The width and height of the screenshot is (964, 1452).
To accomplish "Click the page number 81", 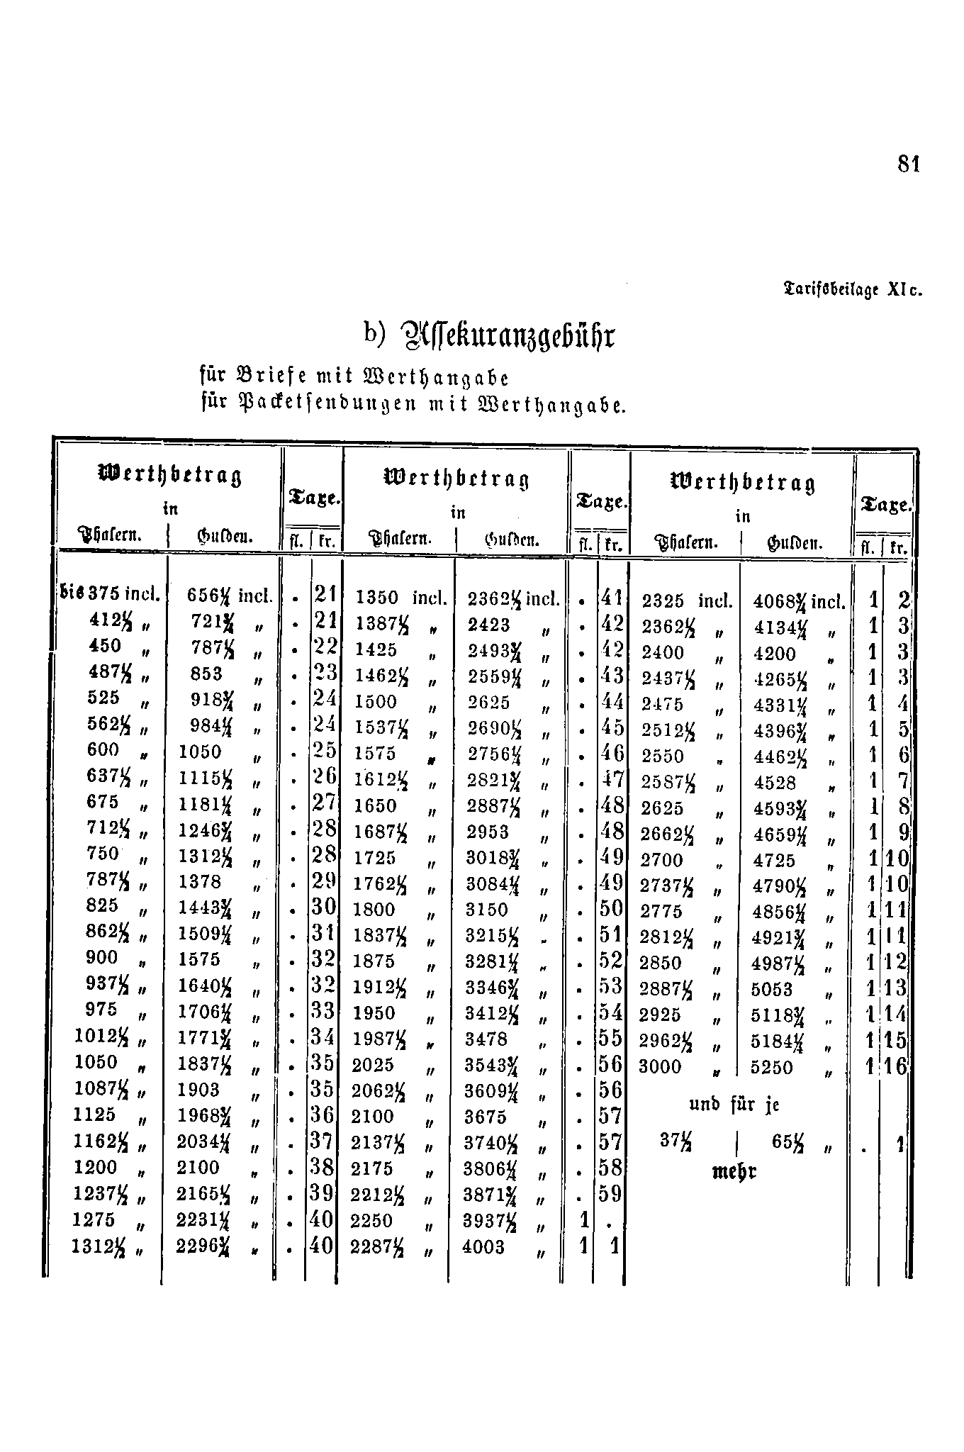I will pos(908,164).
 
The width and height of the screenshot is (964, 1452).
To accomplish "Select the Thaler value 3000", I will pos(660,1067).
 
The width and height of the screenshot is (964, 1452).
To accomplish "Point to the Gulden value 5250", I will pos(771,1068).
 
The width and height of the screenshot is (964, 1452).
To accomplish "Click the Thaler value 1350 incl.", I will pos(401,598).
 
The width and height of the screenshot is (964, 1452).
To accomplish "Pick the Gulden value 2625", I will pos(488,703).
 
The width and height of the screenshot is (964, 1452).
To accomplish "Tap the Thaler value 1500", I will pos(376,702).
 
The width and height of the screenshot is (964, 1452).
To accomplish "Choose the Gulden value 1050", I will pos(200,752).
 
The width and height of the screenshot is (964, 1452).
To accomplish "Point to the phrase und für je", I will pos(734,1105).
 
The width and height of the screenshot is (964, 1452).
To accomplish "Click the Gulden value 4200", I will pos(775,654).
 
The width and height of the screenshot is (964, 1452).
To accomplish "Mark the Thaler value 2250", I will pos(372,1221).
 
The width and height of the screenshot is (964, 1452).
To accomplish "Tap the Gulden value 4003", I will pos(483,1246).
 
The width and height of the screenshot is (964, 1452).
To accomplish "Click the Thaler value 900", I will pos(101,958).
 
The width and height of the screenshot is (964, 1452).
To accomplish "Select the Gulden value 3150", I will pos(487,910).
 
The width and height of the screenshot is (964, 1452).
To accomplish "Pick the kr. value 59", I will pos(610,1195).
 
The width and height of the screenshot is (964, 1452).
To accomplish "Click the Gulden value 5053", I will pos(771,990).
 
